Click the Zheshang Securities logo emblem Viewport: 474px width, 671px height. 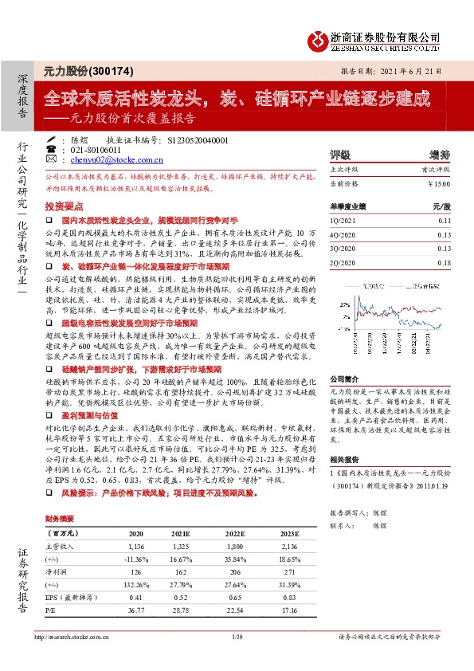coord(319,39)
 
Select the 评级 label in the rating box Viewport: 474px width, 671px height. coord(340,155)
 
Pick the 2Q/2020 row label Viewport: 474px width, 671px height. coord(343,261)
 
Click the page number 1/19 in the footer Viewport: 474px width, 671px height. coord(237,659)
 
